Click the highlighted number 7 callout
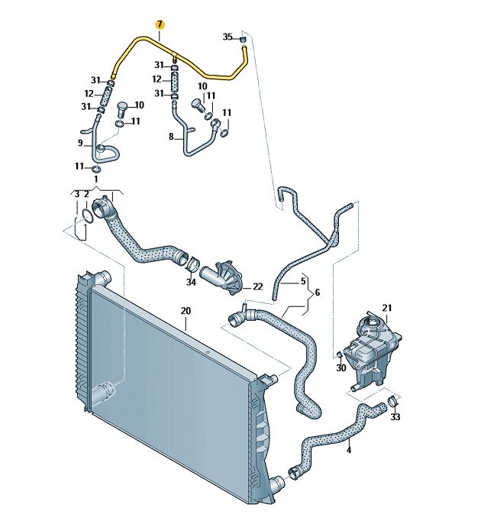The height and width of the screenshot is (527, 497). click(x=160, y=25)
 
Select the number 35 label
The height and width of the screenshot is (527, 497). click(x=228, y=37)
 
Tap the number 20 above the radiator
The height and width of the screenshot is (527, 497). click(x=186, y=311)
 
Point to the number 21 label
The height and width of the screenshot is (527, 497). click(x=387, y=308)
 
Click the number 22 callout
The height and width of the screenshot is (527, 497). click(x=258, y=286)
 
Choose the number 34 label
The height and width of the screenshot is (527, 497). click(x=191, y=282)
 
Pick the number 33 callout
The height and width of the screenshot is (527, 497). click(x=395, y=417)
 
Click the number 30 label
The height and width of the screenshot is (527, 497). click(x=341, y=368)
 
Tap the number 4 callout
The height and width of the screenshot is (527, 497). click(x=349, y=450)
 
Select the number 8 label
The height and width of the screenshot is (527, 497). click(x=171, y=137)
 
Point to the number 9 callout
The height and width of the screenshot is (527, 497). click(x=80, y=143)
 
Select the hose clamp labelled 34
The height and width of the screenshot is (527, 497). click(x=192, y=263)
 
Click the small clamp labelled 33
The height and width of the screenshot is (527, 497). click(x=392, y=401)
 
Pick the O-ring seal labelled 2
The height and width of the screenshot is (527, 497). click(x=87, y=215)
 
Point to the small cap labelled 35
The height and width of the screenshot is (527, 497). click(x=244, y=40)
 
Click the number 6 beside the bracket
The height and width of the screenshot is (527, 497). click(x=317, y=293)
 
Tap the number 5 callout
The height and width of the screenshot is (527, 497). click(x=303, y=281)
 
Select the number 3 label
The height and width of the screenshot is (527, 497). click(x=77, y=194)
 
